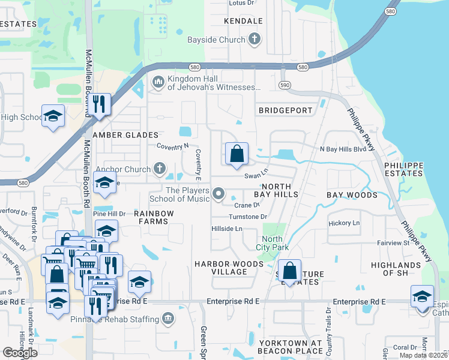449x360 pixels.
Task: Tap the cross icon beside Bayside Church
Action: [x=254, y=40]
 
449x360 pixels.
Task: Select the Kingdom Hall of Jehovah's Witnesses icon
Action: [x=158, y=82]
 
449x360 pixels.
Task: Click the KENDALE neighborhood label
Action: [x=243, y=21]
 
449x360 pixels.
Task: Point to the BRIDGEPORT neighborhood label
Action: [x=286, y=110]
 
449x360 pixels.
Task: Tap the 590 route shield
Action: [x=285, y=86]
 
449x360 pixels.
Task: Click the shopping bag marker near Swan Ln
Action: [x=237, y=154]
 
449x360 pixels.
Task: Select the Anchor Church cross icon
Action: [x=159, y=169]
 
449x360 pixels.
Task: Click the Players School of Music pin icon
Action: [x=219, y=194]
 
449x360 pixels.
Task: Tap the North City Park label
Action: [x=276, y=243]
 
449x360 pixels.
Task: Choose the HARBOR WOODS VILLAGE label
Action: [x=221, y=268]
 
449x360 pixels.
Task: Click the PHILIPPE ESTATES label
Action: [x=403, y=169]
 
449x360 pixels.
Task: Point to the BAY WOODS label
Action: [x=352, y=195]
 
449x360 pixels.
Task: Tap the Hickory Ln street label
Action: [x=344, y=223]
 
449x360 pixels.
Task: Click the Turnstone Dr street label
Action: [x=247, y=217]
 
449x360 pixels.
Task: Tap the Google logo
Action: [x=20, y=353]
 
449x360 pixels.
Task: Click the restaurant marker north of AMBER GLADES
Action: [x=100, y=104]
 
